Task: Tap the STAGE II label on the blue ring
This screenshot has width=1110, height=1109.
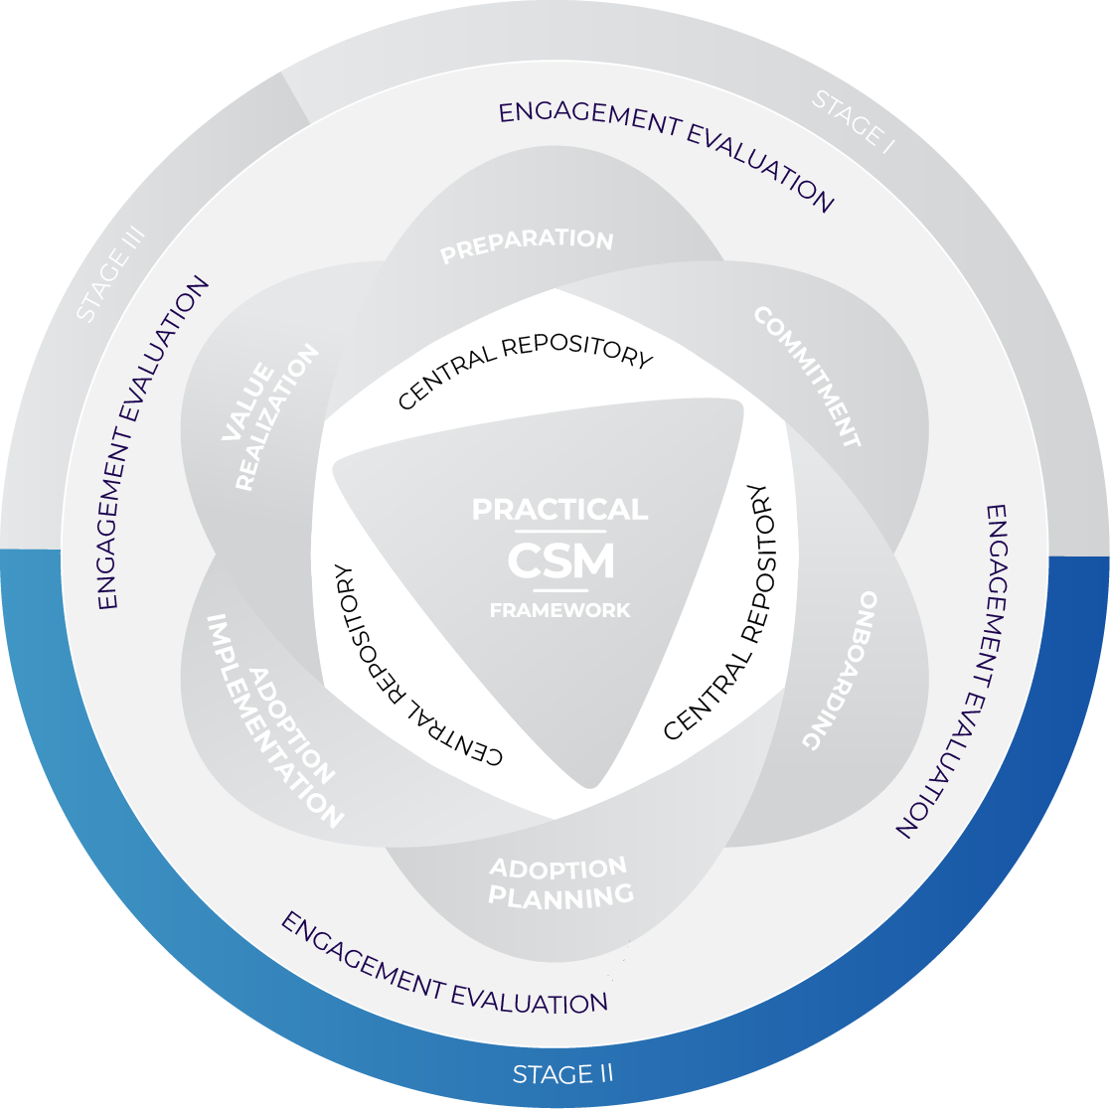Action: [562, 1074]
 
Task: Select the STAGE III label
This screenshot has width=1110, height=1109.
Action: [111, 273]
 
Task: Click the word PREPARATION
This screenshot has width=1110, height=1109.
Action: [527, 245]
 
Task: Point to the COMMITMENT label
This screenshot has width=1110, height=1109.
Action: [806, 377]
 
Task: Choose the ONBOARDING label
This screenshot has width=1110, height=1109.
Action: [841, 670]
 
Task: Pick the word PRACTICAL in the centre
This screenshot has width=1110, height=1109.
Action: [559, 510]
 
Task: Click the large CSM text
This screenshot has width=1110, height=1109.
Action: [560, 562]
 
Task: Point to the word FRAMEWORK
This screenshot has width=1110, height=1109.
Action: [559, 610]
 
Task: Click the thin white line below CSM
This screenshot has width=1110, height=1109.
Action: [560, 593]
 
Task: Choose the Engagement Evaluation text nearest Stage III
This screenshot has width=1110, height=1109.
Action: [154, 442]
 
